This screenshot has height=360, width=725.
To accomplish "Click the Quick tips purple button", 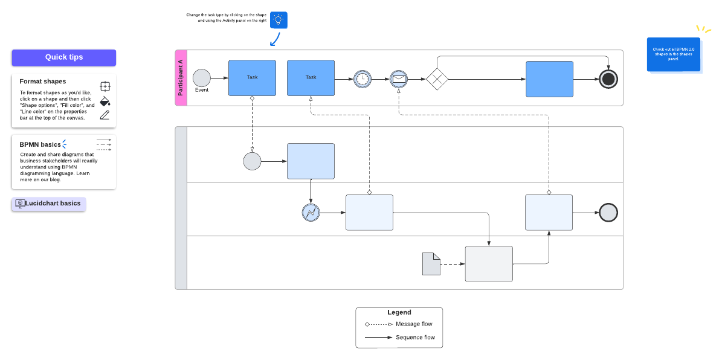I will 63,57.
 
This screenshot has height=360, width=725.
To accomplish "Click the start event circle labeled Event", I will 202,78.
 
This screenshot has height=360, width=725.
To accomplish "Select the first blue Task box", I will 252,78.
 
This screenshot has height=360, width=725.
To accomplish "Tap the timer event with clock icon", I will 362,79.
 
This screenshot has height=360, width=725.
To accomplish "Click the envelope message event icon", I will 399,79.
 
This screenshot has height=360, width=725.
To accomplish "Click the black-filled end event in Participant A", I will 608,79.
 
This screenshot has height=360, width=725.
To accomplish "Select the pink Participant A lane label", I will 181,78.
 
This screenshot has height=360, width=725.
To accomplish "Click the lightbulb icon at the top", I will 279,20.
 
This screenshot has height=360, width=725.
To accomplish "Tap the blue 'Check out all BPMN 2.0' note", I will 674,54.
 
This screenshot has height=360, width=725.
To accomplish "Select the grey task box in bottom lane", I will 489,263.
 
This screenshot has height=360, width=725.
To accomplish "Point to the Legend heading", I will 399,312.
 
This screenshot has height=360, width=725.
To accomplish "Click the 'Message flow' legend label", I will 414,324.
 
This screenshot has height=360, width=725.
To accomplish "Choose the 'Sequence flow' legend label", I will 415,338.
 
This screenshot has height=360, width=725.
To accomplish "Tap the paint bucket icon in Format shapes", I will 105,101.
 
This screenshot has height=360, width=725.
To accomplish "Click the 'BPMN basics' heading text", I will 40,144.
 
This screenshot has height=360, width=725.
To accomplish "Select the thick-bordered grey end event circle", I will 608,212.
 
